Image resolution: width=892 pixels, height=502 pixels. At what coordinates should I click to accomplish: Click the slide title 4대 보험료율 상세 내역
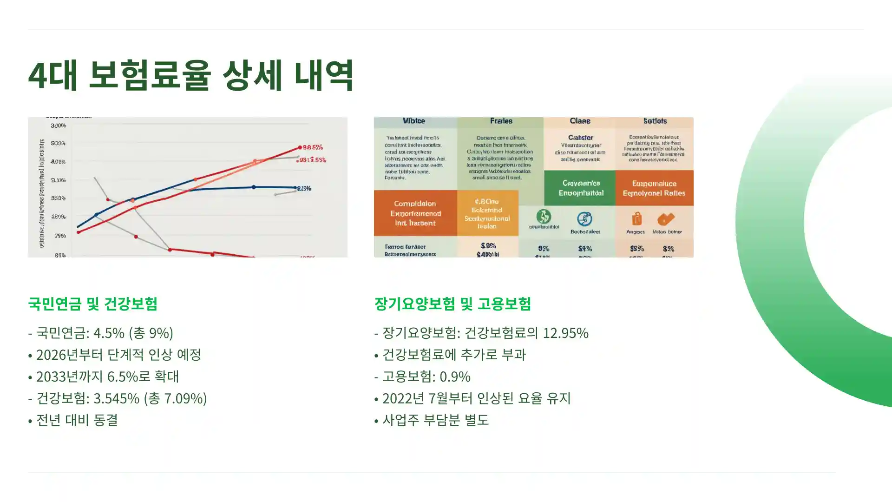click(x=191, y=75)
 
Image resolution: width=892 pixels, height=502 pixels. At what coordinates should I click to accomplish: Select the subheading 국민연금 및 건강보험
click(x=92, y=304)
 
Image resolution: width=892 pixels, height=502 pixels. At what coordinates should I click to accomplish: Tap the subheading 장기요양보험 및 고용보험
click(x=453, y=304)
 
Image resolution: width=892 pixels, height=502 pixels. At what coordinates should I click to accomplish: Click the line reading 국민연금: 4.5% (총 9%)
click(x=100, y=333)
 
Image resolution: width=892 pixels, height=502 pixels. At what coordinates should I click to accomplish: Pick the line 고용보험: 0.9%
click(x=422, y=376)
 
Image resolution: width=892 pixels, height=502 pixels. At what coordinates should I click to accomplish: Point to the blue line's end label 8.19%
click(x=304, y=188)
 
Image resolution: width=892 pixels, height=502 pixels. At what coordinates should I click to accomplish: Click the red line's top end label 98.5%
click(x=313, y=147)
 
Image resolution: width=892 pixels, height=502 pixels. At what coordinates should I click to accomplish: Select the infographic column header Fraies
click(x=501, y=121)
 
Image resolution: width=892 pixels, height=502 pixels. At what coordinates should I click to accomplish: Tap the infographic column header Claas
click(x=580, y=121)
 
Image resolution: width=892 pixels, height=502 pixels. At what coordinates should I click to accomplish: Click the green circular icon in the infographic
click(x=544, y=217)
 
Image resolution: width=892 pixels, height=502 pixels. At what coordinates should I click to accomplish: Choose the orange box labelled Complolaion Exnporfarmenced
click(x=415, y=213)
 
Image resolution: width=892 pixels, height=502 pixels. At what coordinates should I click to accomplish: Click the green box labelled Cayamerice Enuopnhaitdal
click(x=581, y=188)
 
